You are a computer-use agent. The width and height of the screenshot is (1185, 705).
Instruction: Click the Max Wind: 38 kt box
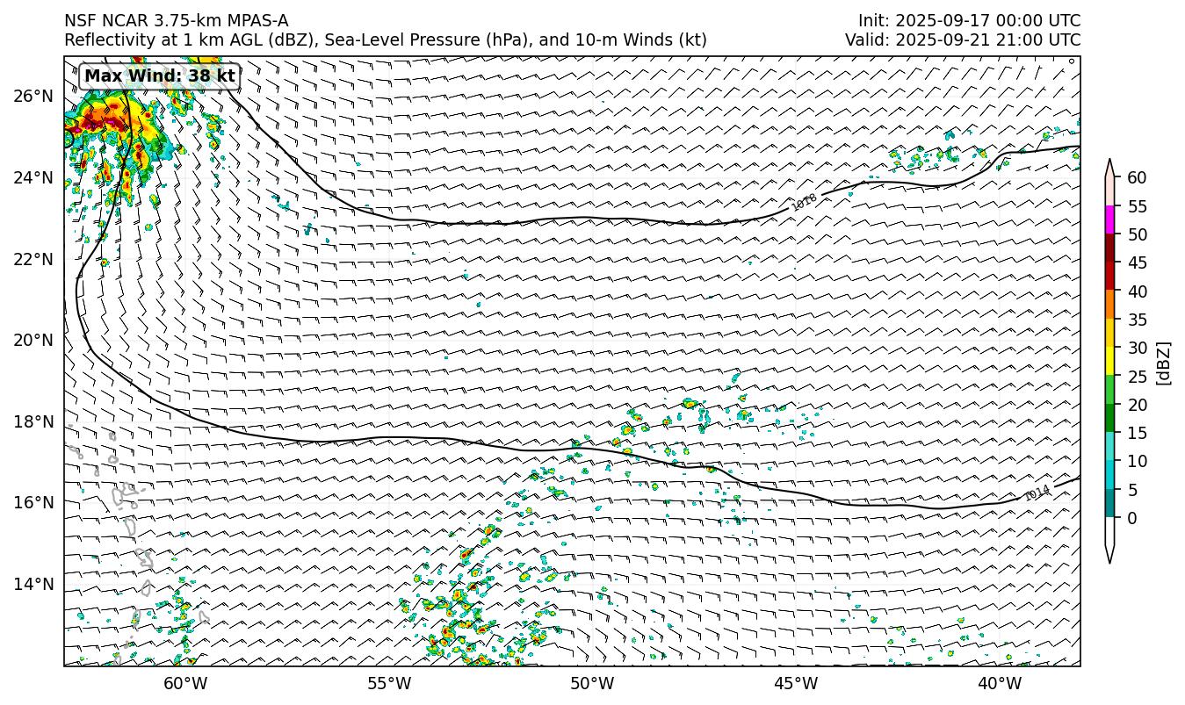[160, 76]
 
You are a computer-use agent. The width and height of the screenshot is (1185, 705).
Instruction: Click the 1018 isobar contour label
[804, 202]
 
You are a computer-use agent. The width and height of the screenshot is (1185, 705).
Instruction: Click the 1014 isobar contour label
[1037, 493]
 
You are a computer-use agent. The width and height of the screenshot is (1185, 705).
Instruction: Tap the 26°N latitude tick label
[34, 96]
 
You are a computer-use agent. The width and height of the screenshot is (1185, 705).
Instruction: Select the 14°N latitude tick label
[34, 584]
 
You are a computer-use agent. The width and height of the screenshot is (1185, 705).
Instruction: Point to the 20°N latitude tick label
[34, 340]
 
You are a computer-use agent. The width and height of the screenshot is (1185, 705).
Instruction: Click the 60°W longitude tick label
[185, 684]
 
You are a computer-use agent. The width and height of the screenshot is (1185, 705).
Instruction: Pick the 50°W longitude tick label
[592, 684]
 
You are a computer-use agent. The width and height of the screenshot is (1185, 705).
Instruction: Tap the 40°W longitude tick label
[999, 684]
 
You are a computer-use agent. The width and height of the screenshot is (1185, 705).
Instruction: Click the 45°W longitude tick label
[796, 684]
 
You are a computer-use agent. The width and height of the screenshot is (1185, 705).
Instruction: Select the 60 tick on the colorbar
[1137, 178]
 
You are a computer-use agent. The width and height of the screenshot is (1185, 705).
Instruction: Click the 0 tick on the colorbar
[1131, 518]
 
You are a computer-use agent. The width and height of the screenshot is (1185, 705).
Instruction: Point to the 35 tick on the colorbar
[1137, 320]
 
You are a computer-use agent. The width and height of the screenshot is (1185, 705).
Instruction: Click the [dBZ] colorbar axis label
[1163, 363]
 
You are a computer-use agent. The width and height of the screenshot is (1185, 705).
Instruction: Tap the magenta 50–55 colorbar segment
[1110, 220]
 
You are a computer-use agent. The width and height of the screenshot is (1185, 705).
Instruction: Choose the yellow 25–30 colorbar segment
[1110, 362]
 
